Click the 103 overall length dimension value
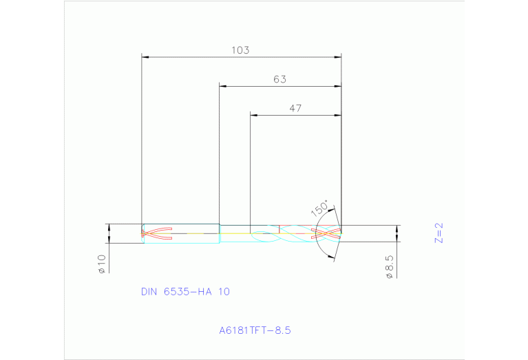pos(240,50)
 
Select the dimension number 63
pos(279,79)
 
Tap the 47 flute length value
pos(295,108)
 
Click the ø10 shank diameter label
pos(101,264)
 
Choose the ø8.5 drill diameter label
pos(389,266)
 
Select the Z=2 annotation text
pos(439,232)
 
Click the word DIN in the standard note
pos(149,291)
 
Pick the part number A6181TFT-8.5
pos(255,330)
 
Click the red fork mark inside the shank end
pos(155,233)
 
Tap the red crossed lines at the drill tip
pos(328,233)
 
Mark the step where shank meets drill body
pos(220,233)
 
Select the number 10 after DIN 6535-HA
pos(224,291)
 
